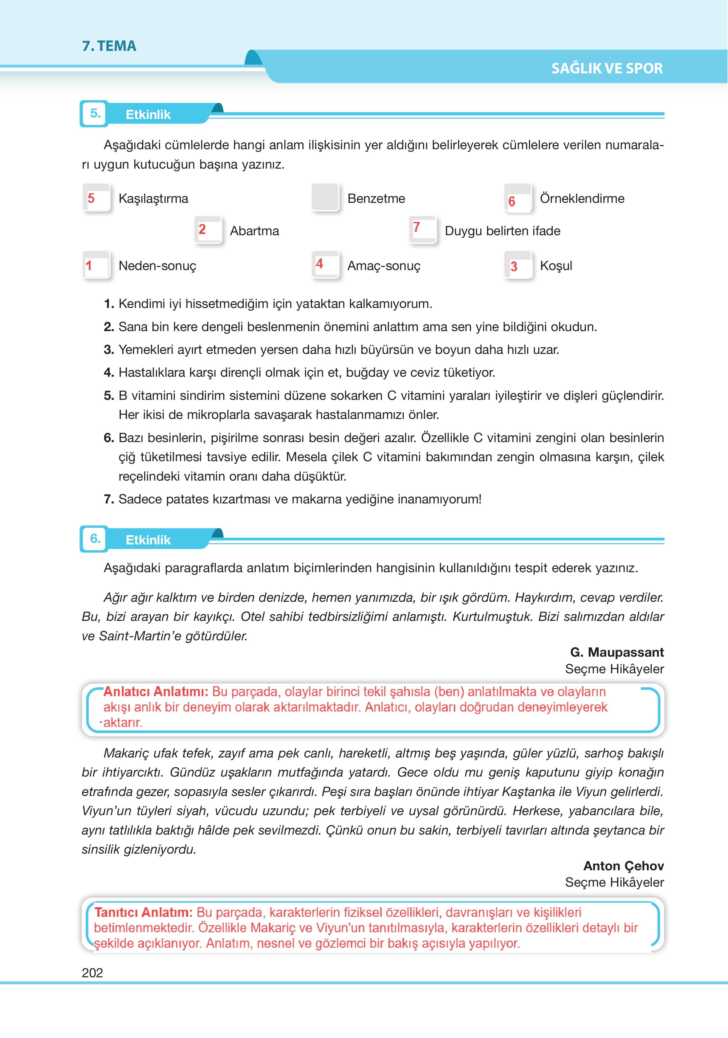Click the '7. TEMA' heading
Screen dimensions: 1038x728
click(109, 46)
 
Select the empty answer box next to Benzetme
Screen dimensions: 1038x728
click(325, 197)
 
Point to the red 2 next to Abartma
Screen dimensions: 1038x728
click(202, 230)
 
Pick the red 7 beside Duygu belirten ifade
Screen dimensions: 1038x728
click(417, 227)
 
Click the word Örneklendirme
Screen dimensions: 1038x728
click(582, 199)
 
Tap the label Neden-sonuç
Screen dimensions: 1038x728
click(157, 266)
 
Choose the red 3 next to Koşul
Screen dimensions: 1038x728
click(514, 267)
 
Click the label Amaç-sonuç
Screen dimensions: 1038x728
click(384, 266)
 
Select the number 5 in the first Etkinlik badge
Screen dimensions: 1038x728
click(95, 113)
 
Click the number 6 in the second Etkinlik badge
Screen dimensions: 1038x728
click(95, 539)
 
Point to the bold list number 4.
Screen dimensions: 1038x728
click(108, 372)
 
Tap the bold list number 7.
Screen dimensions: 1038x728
click(108, 499)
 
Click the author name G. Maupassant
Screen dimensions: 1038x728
click(617, 652)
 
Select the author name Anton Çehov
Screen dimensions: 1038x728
click(623, 865)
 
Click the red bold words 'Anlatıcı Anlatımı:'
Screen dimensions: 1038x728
click(156, 692)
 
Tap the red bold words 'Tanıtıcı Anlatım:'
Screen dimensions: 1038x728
click(143, 912)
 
